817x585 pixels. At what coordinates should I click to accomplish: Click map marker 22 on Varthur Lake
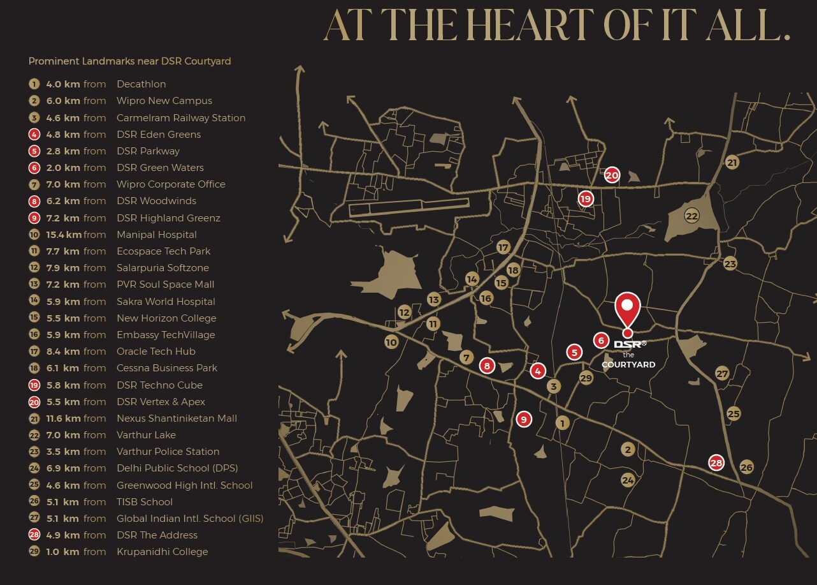(692, 216)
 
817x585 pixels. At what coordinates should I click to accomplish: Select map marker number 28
(716, 463)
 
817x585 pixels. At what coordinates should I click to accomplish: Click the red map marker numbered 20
(612, 175)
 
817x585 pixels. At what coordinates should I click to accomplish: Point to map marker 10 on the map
(391, 342)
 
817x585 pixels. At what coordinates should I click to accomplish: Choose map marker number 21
(732, 163)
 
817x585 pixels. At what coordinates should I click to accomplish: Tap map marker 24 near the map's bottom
(628, 480)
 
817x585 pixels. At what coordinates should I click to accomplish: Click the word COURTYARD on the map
(628, 365)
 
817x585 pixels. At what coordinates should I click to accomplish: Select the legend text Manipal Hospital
(156, 235)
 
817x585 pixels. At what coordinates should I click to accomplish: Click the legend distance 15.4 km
(62, 235)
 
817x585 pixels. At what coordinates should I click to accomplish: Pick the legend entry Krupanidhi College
(162, 552)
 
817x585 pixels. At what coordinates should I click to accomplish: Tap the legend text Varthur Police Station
(168, 452)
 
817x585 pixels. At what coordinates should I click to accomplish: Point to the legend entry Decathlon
(141, 84)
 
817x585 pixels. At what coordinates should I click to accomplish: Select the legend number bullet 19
(34, 385)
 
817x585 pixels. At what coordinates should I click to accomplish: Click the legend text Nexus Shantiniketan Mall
(177, 418)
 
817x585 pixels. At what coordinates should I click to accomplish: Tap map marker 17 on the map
(503, 248)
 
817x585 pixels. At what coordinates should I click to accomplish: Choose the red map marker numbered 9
(524, 419)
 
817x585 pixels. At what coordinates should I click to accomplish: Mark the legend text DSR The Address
(157, 535)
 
